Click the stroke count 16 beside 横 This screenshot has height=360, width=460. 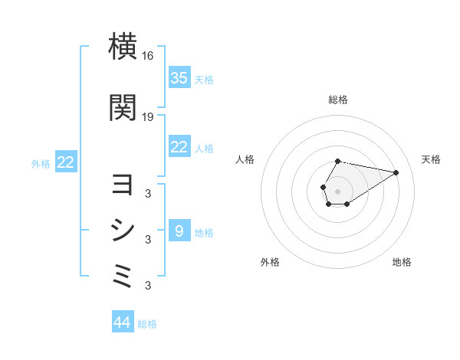point(148,56)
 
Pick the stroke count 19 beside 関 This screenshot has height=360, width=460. point(148,116)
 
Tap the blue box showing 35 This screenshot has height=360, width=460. point(179,77)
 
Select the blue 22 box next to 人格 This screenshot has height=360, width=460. point(179,147)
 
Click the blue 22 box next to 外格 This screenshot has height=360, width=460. point(65,162)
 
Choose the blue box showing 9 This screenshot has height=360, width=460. point(179,231)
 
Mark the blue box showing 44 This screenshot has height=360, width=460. point(123,322)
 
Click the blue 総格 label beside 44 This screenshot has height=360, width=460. point(147,324)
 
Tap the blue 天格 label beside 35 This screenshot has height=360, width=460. point(204,79)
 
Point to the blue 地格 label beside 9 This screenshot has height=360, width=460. point(204,232)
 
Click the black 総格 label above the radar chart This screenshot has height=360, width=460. point(337,100)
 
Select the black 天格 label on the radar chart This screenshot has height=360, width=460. point(431,159)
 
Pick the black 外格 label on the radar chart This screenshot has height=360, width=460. point(270,262)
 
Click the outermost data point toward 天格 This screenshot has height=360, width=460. point(396,172)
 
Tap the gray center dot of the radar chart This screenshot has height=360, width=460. point(337,190)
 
